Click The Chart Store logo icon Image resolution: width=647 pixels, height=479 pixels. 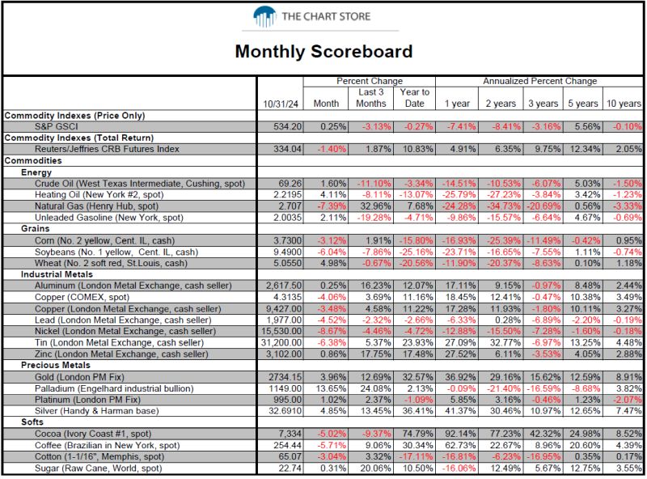coord(264,16)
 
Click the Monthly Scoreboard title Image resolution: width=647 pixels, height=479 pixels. coord(324,51)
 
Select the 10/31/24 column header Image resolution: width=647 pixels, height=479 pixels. coord(281,104)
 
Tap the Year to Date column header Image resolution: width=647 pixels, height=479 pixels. coord(414,98)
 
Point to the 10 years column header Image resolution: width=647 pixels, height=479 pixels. coord(624,104)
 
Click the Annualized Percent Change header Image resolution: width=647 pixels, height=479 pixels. coord(539,81)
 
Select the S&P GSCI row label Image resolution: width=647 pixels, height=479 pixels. coord(56,126)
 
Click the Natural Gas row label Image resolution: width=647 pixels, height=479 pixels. coord(96,206)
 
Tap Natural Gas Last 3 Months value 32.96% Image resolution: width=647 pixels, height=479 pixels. coord(375,206)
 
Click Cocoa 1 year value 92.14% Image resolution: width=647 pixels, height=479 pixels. coord(460,434)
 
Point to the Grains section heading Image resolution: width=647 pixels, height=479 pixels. coord(35,229)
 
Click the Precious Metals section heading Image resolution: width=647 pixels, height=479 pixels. coord(56,365)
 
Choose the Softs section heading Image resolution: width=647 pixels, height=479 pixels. coord(32,422)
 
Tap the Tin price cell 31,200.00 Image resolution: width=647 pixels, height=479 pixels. coord(281,342)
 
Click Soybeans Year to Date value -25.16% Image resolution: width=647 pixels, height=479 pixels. coord(417,252)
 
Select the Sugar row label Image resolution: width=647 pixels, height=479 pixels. coord(98,468)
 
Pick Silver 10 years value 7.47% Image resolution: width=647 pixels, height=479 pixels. coord(628,411)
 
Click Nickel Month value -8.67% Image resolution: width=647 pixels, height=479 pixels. coord(332,331)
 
